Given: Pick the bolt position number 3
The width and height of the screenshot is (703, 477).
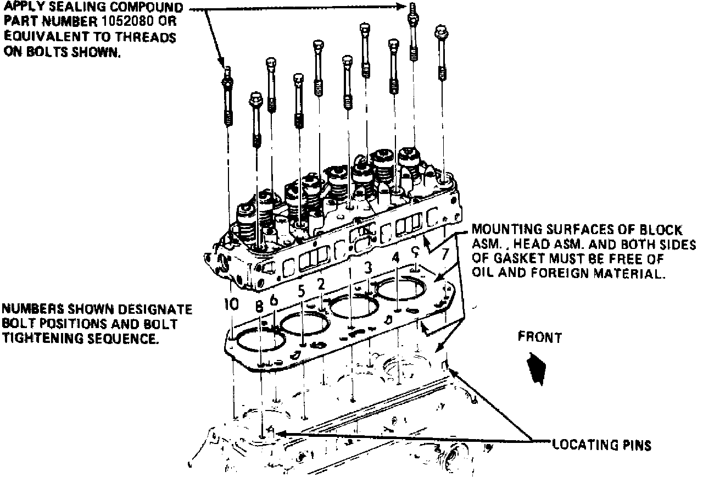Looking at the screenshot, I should click(369, 268).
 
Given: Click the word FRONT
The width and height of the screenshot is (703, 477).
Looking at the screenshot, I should click(539, 337).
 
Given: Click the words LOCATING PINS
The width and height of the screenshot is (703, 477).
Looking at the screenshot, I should click(601, 445).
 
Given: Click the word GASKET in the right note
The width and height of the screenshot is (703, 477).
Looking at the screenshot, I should click(520, 259).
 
